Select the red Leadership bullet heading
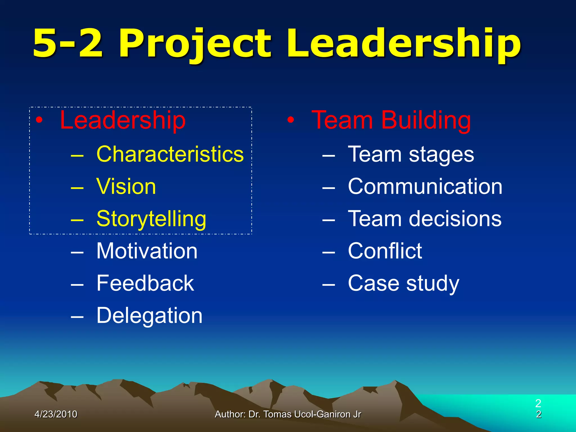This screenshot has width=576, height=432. click(x=123, y=120)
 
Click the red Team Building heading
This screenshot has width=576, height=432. click(x=391, y=120)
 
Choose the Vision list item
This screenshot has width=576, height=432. click(x=126, y=186)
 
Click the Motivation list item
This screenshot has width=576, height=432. click(x=147, y=251)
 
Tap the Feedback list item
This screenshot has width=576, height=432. click(x=145, y=283)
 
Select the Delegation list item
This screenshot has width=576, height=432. click(x=149, y=316)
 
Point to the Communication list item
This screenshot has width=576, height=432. click(x=425, y=186)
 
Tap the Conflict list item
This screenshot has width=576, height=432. click(x=385, y=251)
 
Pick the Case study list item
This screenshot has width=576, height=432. click(x=404, y=283)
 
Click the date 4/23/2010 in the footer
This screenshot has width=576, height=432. click(x=56, y=414)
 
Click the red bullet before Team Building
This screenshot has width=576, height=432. click(x=291, y=120)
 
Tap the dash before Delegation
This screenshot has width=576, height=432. click(x=77, y=316)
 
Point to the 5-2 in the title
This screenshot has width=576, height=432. click(x=67, y=44)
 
